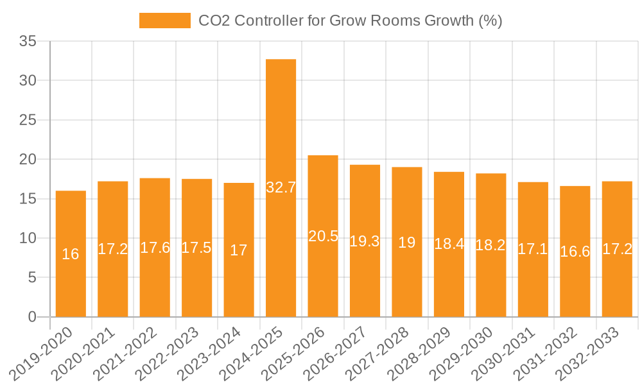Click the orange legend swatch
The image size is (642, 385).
point(165,21)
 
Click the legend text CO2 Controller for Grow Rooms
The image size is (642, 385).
point(350,21)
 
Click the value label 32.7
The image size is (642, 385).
point(281,188)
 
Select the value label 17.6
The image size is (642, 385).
point(155,248)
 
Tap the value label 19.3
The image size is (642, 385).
point(365,242)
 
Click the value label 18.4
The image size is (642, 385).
point(449,244)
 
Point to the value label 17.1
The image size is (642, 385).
point(533,249)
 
